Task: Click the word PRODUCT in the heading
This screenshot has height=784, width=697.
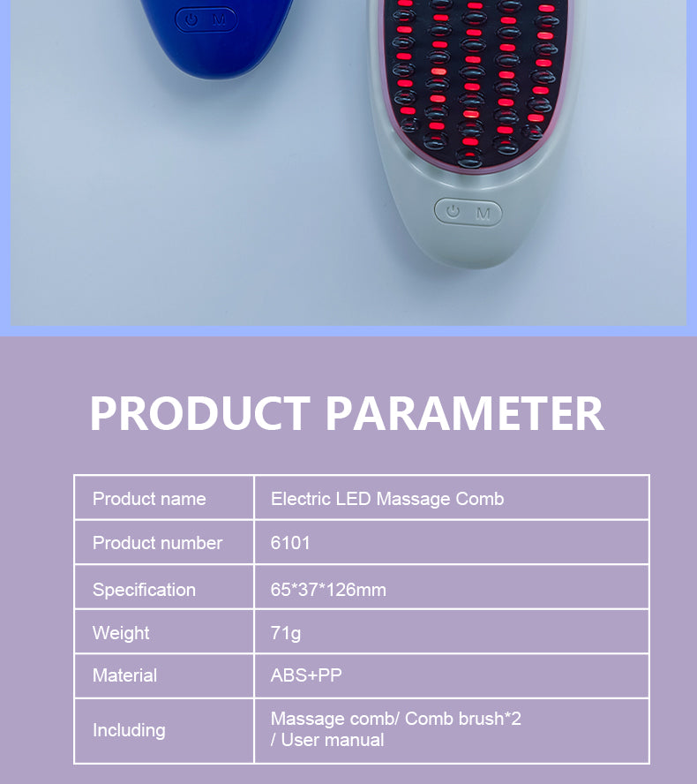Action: [200, 413]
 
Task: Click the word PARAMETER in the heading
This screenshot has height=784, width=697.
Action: [465, 413]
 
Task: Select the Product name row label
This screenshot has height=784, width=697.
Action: [149, 499]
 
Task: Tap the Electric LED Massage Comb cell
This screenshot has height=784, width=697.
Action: [387, 499]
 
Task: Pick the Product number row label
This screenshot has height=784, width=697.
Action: [157, 542]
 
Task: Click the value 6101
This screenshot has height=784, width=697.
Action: [290, 542]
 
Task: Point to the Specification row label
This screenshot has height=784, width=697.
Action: [144, 590]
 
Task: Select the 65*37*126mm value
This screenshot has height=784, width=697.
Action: [328, 590]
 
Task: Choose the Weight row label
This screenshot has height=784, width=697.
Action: [121, 633]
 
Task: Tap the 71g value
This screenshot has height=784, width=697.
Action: [286, 634]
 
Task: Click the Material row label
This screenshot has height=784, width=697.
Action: [125, 675]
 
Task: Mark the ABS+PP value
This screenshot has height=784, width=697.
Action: [306, 675]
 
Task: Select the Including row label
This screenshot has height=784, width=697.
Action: [129, 730]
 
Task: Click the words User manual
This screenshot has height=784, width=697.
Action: [333, 740]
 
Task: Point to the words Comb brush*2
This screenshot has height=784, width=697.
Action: [463, 719]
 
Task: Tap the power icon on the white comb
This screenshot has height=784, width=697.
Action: [453, 211]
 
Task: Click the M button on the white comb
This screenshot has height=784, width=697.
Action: [483, 214]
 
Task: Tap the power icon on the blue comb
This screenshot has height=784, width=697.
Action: [191, 20]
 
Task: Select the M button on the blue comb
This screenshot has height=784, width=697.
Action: [220, 20]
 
